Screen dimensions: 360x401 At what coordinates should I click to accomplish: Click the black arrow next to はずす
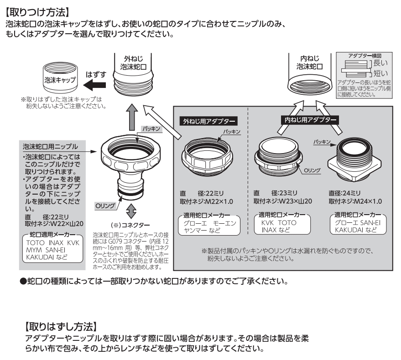(95, 84)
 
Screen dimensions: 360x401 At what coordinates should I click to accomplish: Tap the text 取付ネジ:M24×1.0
(355, 201)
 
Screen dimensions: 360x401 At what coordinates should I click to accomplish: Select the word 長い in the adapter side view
(380, 64)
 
